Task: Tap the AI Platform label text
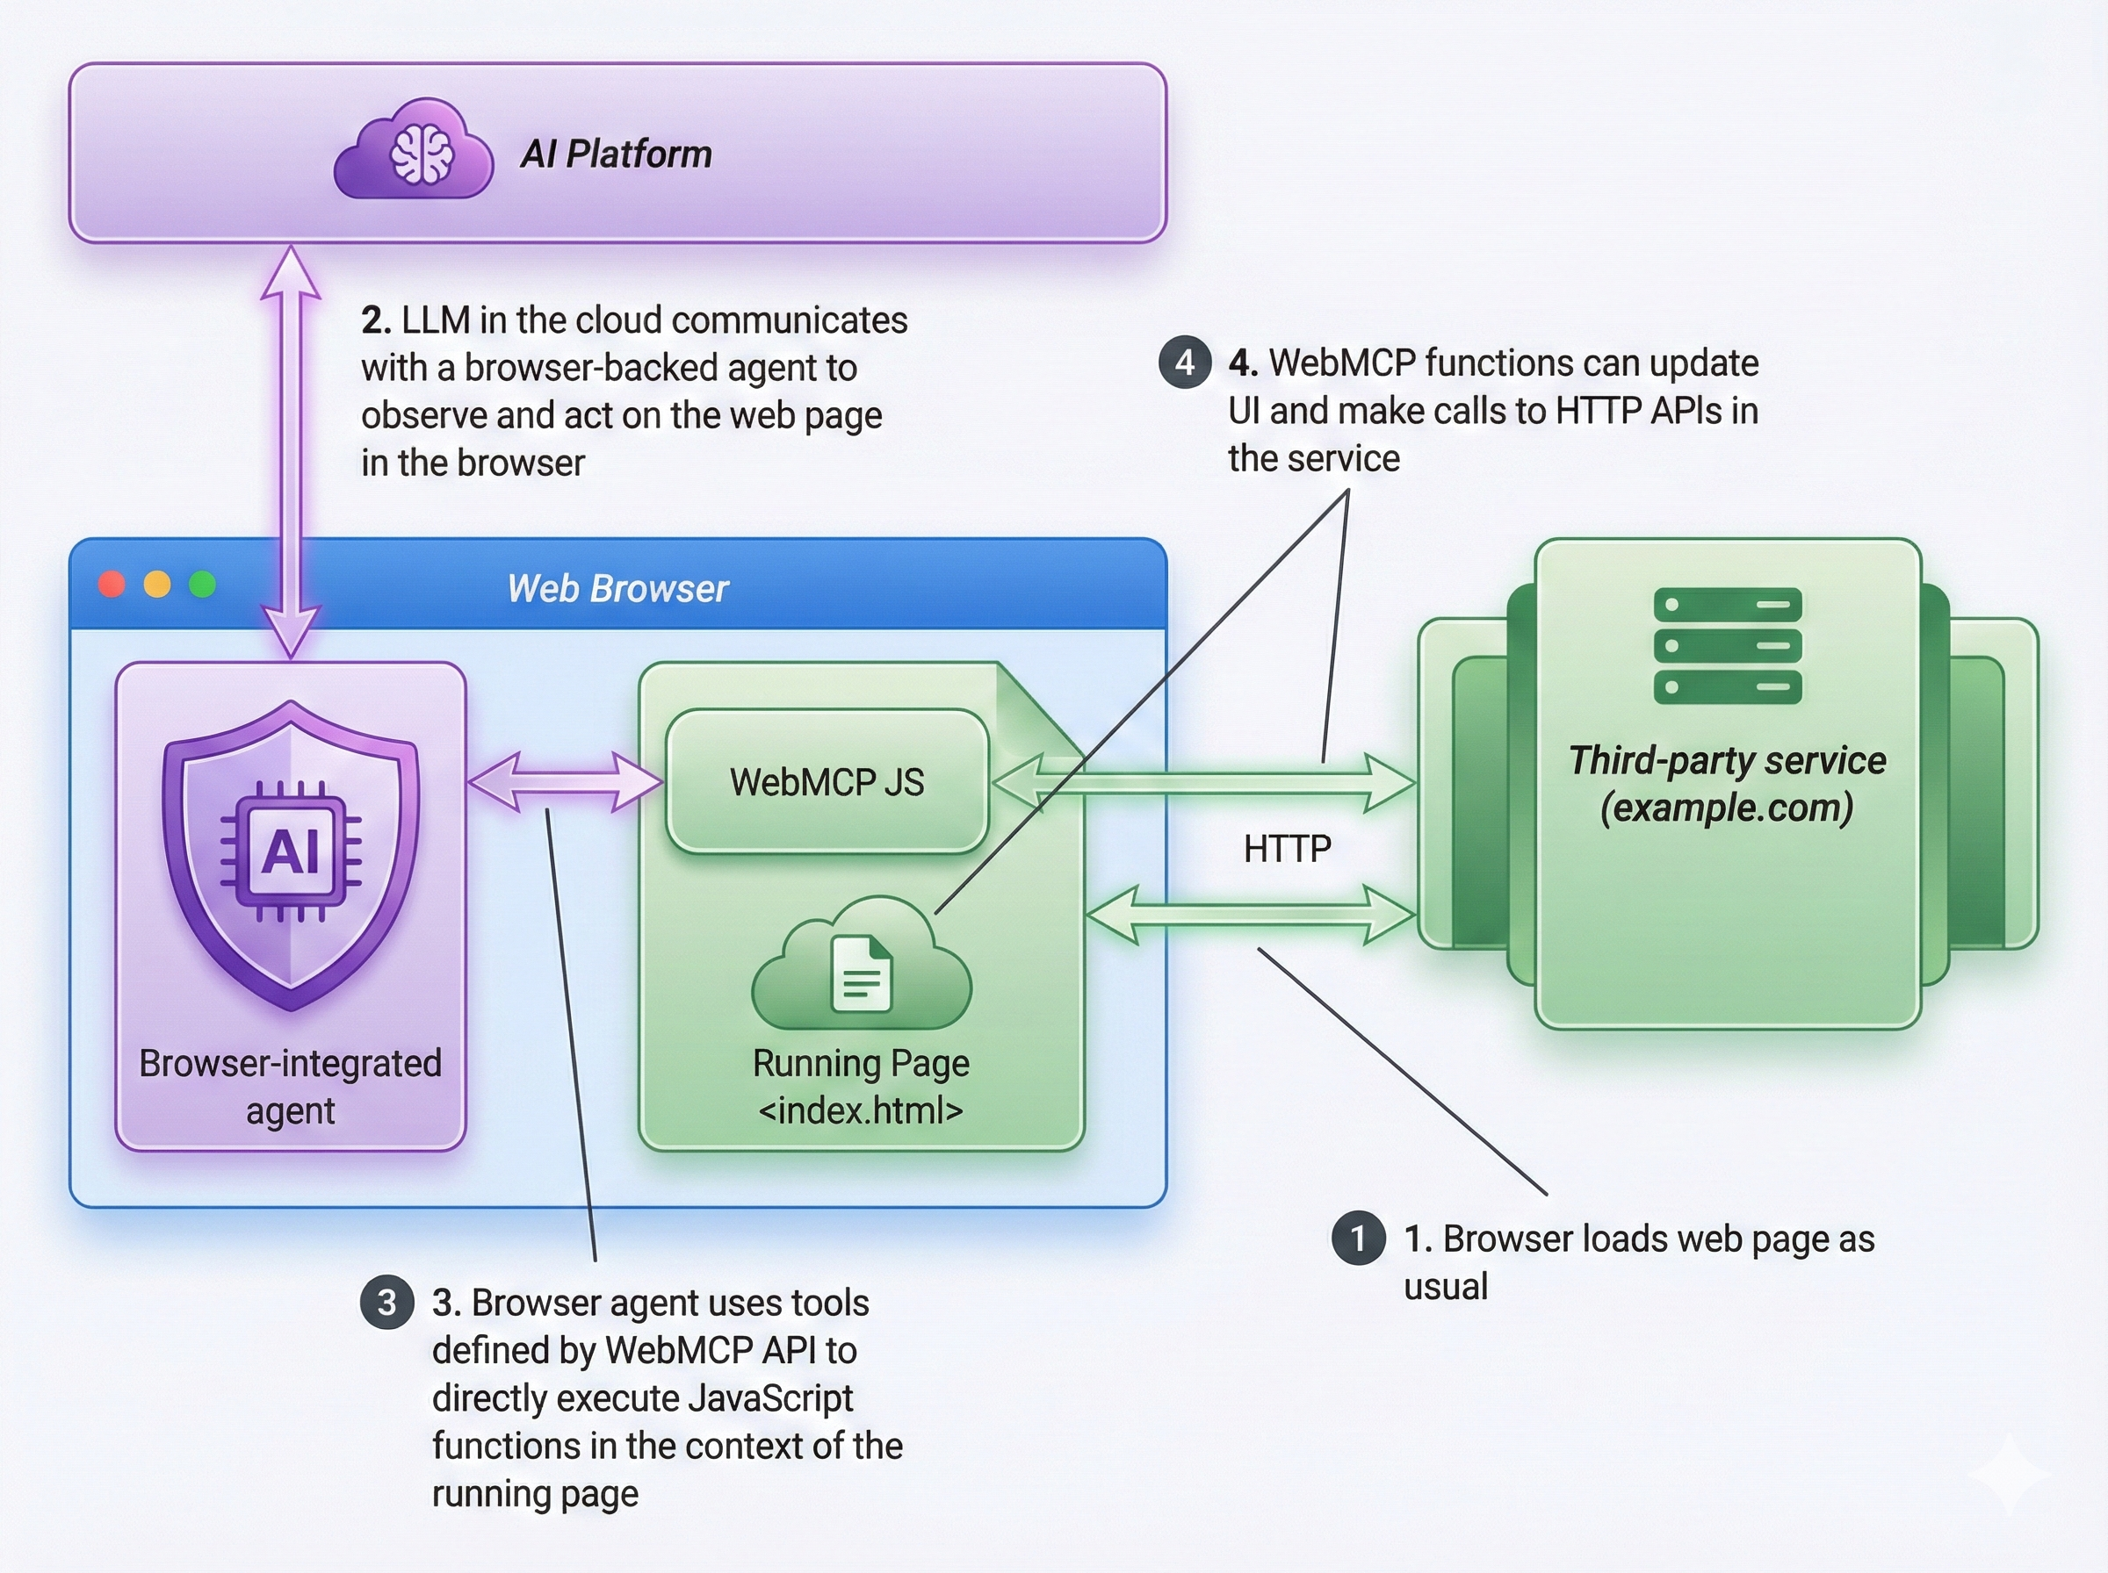616,154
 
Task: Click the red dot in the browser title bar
112,584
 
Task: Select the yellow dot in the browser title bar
157,584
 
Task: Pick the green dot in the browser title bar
202,584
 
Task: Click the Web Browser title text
617,588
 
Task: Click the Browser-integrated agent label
291,1087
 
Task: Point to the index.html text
860,1110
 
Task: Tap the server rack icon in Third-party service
1727,644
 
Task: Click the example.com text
1726,808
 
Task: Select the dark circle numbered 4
1184,363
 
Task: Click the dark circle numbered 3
386,1302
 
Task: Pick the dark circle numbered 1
1357,1238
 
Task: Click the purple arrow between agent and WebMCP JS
566,782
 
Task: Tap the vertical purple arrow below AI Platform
291,448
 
